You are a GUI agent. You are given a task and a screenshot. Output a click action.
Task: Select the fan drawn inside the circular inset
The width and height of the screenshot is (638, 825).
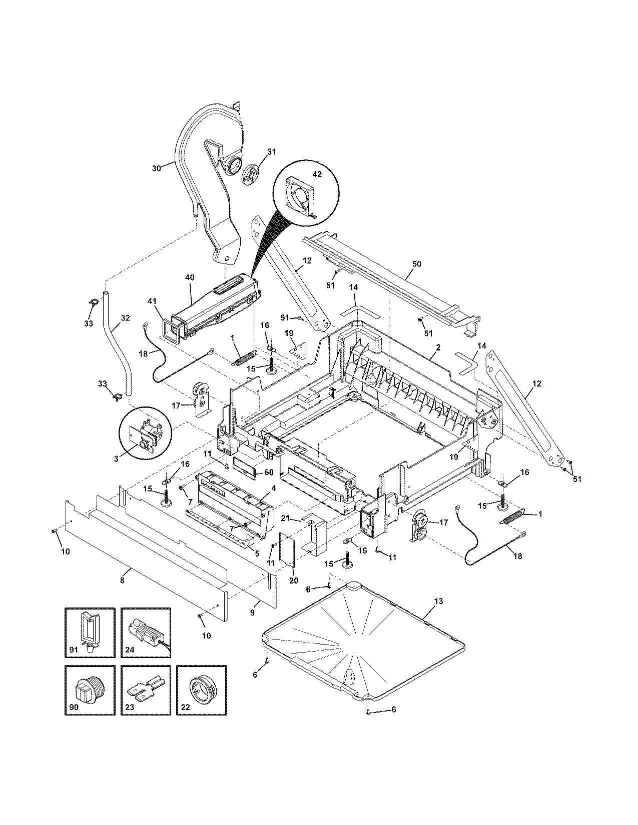299,200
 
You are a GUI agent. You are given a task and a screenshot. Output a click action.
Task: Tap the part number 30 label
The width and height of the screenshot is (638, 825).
156,168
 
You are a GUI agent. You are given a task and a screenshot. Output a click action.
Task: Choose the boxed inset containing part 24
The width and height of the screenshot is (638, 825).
146,632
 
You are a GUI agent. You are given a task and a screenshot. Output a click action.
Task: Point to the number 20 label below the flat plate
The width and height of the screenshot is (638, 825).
294,580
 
